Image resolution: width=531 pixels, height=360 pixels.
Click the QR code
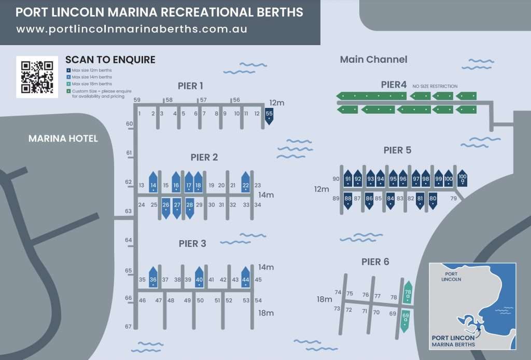click(x=37, y=76)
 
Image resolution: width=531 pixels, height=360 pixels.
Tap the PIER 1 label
click(x=190, y=86)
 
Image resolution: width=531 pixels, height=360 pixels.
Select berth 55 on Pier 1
click(x=269, y=116)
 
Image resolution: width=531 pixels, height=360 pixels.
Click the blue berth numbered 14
click(x=153, y=184)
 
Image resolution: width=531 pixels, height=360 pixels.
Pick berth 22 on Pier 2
click(x=246, y=184)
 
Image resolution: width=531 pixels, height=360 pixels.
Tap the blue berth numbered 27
click(x=177, y=206)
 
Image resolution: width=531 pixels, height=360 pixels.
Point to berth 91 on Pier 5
click(x=348, y=178)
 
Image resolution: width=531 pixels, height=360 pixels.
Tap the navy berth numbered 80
click(x=433, y=200)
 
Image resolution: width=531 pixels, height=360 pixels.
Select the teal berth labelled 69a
click(x=406, y=317)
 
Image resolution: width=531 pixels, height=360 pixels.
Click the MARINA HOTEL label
click(x=63, y=139)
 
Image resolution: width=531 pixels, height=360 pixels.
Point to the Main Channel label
click(x=373, y=60)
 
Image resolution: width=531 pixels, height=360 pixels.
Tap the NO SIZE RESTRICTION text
click(x=435, y=86)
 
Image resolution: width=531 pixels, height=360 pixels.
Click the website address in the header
click(x=132, y=29)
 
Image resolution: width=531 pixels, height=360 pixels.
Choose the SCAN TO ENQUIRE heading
click(x=110, y=60)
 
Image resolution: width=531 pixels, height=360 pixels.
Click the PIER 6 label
click(x=375, y=262)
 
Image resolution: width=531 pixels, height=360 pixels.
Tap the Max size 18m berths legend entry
click(x=92, y=84)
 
